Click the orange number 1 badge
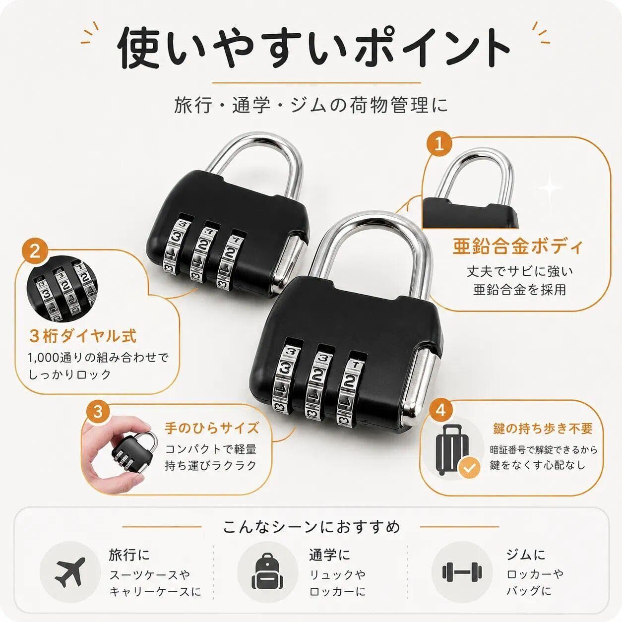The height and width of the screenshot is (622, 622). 439,145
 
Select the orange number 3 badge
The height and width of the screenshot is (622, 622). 98,412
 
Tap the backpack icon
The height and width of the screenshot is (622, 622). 267,571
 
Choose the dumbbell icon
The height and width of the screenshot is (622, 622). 462,572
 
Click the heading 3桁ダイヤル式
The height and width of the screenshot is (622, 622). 83,336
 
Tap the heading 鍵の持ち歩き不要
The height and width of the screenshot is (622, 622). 543,429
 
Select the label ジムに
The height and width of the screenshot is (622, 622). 525,555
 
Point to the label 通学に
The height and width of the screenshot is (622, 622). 329,555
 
